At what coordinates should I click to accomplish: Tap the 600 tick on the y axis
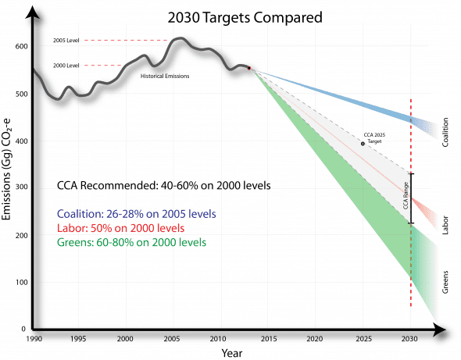pyautogui.click(x=21, y=47)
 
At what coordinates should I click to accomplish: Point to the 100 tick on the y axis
pyautogui.click(x=21, y=282)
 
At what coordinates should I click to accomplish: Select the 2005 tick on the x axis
pyautogui.click(x=173, y=340)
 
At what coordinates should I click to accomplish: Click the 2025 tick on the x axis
pyautogui.click(x=363, y=340)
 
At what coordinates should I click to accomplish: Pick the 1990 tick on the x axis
pyautogui.click(x=34, y=340)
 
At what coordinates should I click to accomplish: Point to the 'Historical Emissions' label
pyautogui.click(x=165, y=76)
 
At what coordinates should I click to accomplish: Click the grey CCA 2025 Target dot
pyautogui.click(x=363, y=144)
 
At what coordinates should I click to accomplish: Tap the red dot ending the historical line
pyautogui.click(x=249, y=69)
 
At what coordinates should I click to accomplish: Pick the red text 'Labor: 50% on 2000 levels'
pyautogui.click(x=120, y=228)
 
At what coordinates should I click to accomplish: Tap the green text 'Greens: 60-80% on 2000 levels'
pyautogui.click(x=130, y=242)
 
